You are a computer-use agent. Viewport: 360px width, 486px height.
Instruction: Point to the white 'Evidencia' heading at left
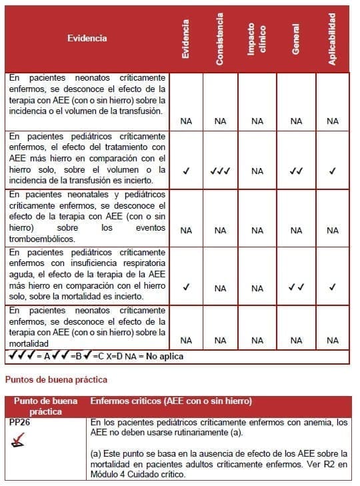point(87,39)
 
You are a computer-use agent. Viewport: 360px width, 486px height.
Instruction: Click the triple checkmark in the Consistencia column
point(220,171)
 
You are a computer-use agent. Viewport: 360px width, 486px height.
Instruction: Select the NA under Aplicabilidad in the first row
point(333,121)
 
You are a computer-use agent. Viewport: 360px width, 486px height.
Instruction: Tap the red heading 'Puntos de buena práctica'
point(57,379)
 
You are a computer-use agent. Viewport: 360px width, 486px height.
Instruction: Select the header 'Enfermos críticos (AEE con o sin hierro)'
point(171,401)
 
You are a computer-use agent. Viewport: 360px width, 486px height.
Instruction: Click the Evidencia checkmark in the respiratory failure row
point(186,288)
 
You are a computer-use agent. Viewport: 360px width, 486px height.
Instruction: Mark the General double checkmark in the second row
point(296,171)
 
